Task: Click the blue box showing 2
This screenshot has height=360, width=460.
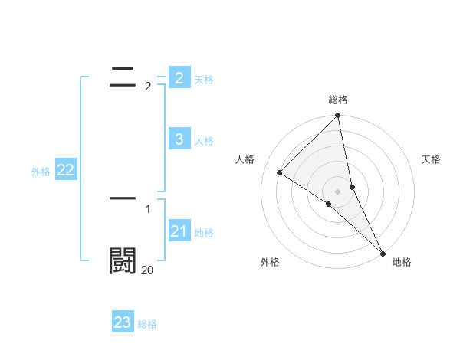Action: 179,77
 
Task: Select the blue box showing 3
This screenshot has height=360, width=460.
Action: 179,139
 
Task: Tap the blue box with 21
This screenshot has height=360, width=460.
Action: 179,231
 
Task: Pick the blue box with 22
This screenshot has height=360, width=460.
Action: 65,170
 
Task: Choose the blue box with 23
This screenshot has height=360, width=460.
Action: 122,322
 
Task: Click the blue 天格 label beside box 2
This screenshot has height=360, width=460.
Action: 204,80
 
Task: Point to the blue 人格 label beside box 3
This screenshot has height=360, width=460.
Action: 204,141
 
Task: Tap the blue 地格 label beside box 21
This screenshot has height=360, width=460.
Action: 204,233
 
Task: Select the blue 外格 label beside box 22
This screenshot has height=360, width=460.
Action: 41,172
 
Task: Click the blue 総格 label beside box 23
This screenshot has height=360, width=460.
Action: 147,325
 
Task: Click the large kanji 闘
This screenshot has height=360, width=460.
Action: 123,261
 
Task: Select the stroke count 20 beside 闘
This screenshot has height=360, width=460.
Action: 148,270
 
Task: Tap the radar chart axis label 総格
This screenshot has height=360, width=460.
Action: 338,100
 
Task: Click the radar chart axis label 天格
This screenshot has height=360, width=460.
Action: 432,159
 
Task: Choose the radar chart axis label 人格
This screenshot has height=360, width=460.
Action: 245,159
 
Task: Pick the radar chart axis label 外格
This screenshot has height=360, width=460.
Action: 269,262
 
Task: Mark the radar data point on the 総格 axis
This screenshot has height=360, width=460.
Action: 338,116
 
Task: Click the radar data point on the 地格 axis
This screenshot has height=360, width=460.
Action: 383,252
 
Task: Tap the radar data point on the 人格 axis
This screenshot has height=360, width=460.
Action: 280,172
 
